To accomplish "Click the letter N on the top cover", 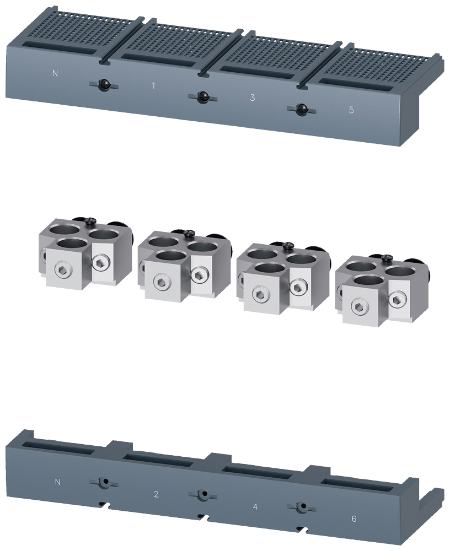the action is pos(55,73).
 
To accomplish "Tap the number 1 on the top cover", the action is pos(153,85).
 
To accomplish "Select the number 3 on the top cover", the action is pos(252,98).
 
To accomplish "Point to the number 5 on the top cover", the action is pos(351,110).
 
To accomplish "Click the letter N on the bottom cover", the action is pos(58,482).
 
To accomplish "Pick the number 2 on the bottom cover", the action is pos(156,494).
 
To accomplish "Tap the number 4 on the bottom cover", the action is pos(255,506).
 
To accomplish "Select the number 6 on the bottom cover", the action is pos(354,518).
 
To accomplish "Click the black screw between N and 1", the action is pos(104,85).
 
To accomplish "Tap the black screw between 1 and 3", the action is pos(202,98).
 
